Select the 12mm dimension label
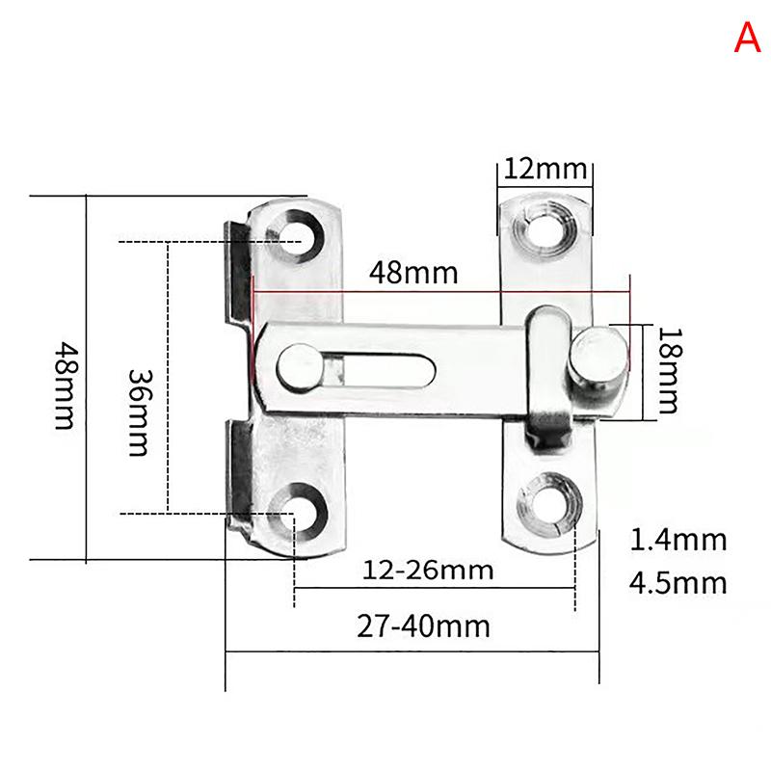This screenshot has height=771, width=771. [x=545, y=170]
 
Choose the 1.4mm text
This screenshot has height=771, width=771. [x=678, y=540]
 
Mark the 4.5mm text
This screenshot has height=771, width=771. [x=678, y=583]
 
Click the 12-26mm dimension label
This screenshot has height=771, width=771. [x=428, y=571]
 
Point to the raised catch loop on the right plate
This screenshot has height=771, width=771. [x=547, y=376]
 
